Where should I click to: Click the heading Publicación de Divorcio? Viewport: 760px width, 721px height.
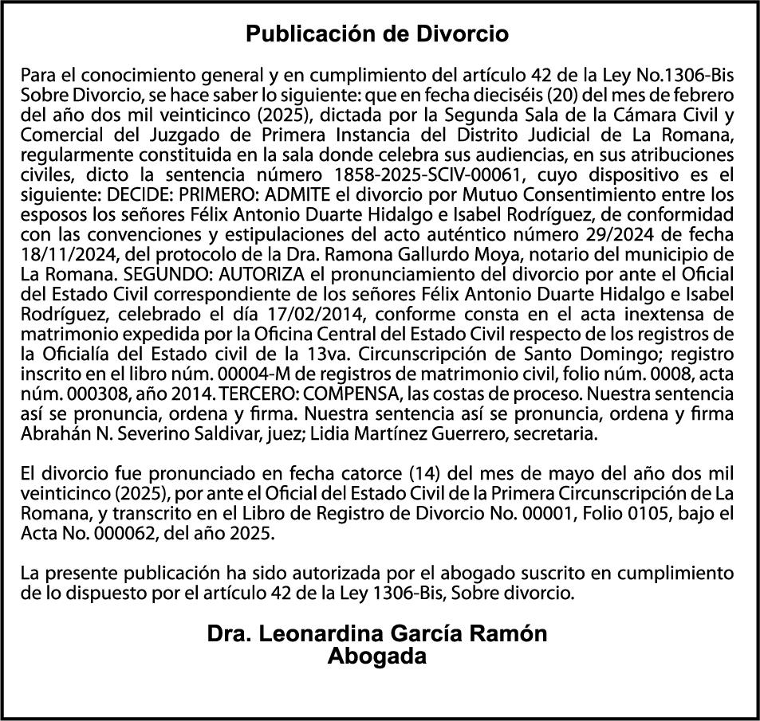377,34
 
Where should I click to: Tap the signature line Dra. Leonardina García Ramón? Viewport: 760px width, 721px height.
377,634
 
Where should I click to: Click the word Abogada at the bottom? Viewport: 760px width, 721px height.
377,656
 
